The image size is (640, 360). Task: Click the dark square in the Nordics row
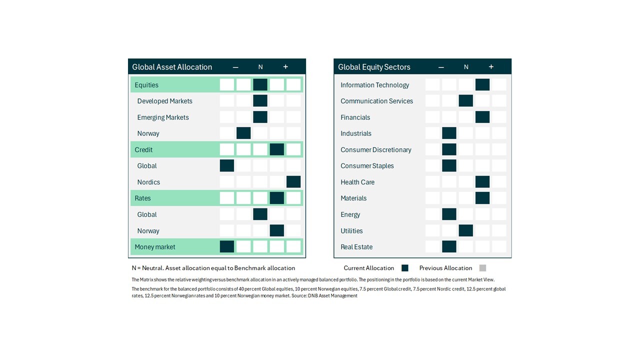click(x=293, y=181)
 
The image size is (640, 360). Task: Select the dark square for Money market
click(x=227, y=246)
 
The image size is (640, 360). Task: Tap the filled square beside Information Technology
click(x=482, y=84)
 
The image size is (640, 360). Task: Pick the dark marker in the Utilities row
click(x=465, y=230)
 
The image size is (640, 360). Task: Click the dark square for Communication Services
click(x=465, y=101)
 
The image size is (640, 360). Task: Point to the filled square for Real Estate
click(x=449, y=246)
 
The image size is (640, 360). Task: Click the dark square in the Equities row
click(x=260, y=84)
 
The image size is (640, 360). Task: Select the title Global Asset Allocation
click(x=172, y=67)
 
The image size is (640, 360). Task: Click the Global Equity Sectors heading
click(x=374, y=67)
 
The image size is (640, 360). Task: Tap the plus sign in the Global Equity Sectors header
click(x=491, y=67)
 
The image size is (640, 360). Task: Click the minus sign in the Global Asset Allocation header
click(x=235, y=67)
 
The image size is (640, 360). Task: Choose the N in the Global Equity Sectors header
click(x=466, y=67)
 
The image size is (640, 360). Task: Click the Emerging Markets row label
click(x=163, y=117)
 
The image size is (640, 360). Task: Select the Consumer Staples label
click(x=367, y=165)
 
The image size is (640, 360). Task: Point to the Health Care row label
click(x=357, y=182)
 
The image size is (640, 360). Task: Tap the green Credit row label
click(x=143, y=149)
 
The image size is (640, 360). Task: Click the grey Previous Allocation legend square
click(x=482, y=268)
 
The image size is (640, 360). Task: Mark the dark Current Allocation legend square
click(x=405, y=268)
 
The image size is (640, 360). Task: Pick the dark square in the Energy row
click(x=449, y=214)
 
